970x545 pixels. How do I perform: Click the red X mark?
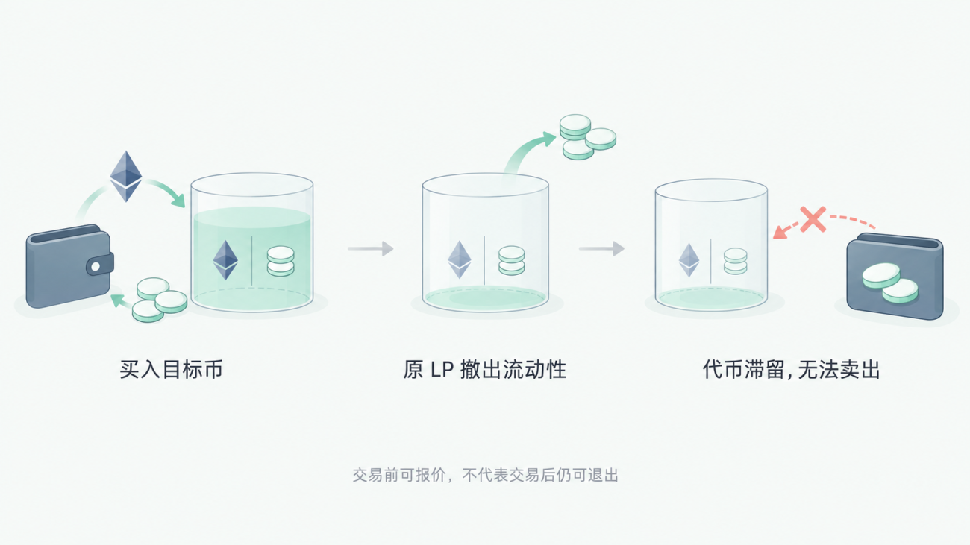(813, 219)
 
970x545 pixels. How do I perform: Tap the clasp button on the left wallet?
(96, 266)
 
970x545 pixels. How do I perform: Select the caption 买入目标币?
(172, 370)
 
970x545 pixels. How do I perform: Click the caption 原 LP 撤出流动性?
(484, 370)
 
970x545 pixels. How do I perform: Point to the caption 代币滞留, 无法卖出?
(791, 370)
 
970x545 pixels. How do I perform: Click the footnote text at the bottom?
(485, 476)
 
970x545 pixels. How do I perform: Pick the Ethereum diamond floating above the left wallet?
(125, 176)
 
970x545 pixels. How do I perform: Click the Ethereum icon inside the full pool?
(225, 260)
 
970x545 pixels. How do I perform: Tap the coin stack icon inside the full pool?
(281, 261)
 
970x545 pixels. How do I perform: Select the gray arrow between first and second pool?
(371, 249)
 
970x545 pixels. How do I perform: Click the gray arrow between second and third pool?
(602, 249)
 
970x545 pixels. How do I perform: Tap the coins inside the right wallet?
(890, 283)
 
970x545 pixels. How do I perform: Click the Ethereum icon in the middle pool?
(459, 259)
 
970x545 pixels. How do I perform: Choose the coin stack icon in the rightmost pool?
(735, 261)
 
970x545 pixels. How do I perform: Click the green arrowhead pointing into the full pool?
(178, 199)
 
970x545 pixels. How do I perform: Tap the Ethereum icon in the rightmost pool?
(689, 260)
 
